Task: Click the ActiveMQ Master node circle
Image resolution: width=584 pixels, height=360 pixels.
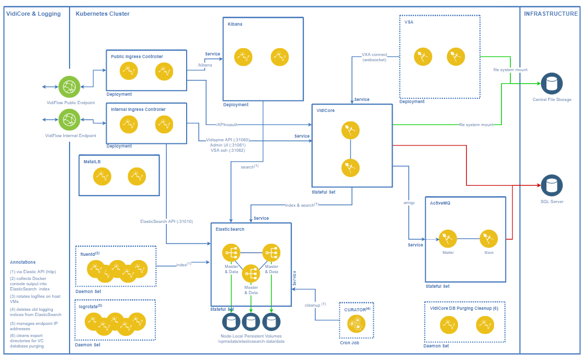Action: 448,240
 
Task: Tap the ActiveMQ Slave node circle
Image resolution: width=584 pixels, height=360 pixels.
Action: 488,240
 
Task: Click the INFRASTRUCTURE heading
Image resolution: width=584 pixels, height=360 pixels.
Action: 551,14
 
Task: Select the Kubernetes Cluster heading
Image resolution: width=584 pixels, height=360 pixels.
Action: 102,14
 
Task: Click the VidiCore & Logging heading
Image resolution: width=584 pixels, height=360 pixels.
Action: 33,14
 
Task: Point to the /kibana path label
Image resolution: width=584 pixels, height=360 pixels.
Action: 205,64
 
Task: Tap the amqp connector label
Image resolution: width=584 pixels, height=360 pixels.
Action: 409,202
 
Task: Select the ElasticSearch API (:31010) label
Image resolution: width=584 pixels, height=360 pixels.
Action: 167,221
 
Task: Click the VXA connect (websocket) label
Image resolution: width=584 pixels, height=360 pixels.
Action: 374,57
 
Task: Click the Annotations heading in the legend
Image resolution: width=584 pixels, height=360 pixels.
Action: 23,262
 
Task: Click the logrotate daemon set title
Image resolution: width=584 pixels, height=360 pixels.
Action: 89,306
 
